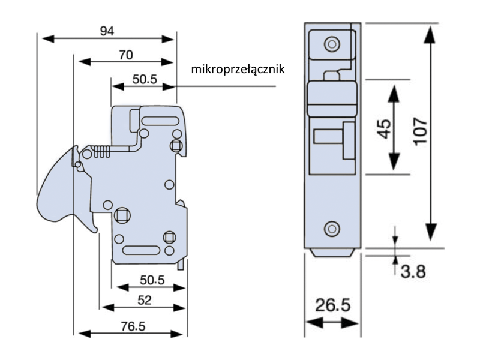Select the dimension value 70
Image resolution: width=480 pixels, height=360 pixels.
[125, 55]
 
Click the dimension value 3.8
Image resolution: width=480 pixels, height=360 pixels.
[412, 271]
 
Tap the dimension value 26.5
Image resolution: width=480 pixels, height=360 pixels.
[333, 305]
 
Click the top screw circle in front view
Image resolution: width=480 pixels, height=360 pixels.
[331, 44]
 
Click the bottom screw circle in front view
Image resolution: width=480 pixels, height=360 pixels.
[331, 229]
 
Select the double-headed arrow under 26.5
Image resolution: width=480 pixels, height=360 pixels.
[333, 323]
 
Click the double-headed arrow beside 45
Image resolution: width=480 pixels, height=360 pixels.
[394, 127]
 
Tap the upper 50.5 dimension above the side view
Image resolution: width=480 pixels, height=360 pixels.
[144, 79]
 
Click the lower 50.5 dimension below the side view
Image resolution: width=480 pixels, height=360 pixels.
[151, 280]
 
